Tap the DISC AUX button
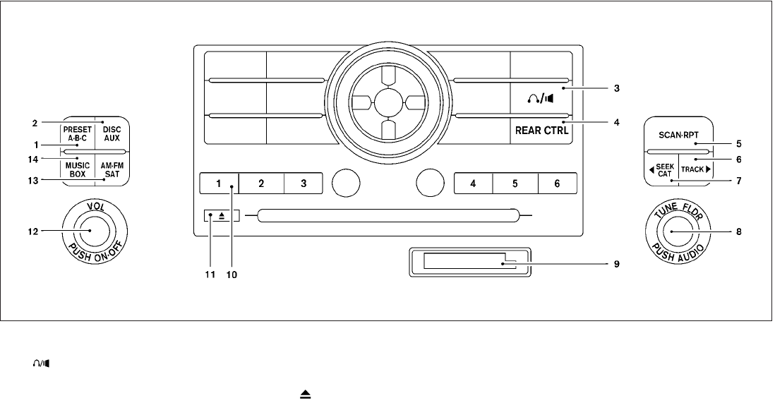[x=112, y=134]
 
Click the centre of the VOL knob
[x=90, y=230]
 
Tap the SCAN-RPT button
[x=678, y=134]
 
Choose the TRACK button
[x=696, y=169]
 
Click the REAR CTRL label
[x=541, y=131]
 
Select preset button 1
[x=218, y=184]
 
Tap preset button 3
[x=304, y=184]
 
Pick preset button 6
[x=557, y=184]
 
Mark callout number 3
[x=616, y=89]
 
